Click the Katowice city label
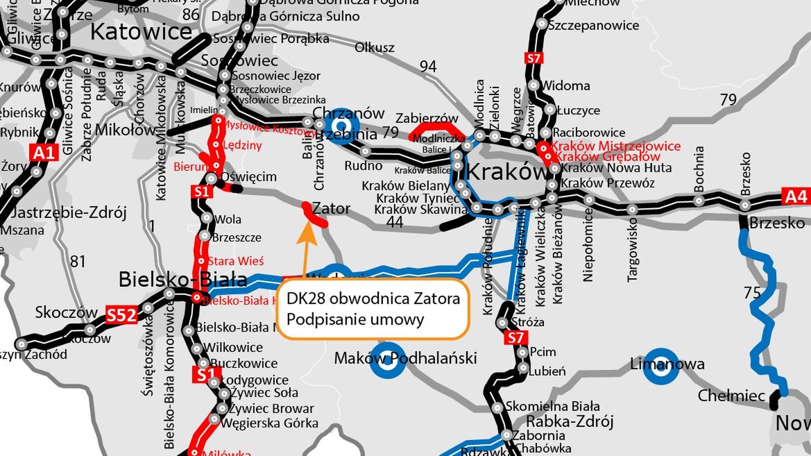(141, 31)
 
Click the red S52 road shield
(121, 314)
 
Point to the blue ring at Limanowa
(660, 371)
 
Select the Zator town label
(331, 208)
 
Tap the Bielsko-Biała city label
(183, 280)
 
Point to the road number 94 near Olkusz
(428, 67)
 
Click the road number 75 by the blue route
(752, 293)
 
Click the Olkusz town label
(375, 48)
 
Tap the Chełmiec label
(731, 396)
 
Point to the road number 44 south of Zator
(395, 222)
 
